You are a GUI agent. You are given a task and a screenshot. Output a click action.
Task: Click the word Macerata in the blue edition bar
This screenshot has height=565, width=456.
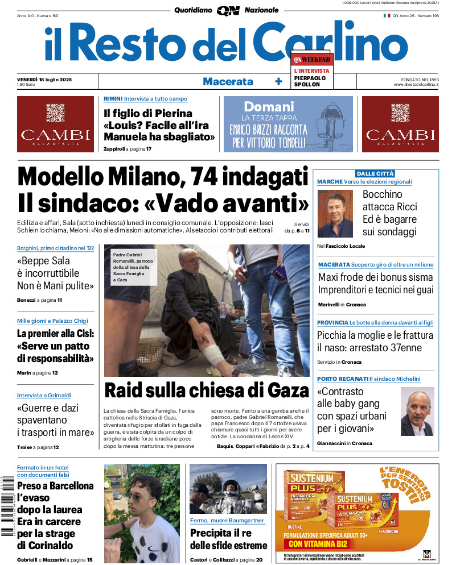click(x=228, y=81)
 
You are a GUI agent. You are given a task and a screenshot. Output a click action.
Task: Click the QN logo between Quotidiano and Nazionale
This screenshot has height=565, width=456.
click(x=228, y=10)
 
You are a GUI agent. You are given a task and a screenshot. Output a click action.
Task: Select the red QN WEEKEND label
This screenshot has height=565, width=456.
click(x=311, y=59)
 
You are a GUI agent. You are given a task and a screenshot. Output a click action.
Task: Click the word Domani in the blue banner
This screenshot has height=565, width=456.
click(x=269, y=106)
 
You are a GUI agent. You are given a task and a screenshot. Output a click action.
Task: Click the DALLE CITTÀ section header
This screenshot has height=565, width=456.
click(x=375, y=173)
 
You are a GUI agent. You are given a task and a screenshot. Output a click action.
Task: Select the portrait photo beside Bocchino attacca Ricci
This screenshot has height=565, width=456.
click(x=335, y=213)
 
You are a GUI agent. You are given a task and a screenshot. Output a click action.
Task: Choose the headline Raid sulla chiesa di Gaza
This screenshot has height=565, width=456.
click(x=206, y=390)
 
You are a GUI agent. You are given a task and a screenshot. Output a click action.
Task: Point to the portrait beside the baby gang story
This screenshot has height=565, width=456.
click(x=417, y=412)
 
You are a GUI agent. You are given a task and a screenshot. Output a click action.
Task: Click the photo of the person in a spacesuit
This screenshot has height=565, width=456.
click(x=228, y=488)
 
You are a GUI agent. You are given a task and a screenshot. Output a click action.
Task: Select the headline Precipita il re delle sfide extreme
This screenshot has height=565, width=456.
click(x=228, y=539)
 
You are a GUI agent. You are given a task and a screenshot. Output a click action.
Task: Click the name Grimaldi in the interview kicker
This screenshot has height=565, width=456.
click(x=59, y=395)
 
